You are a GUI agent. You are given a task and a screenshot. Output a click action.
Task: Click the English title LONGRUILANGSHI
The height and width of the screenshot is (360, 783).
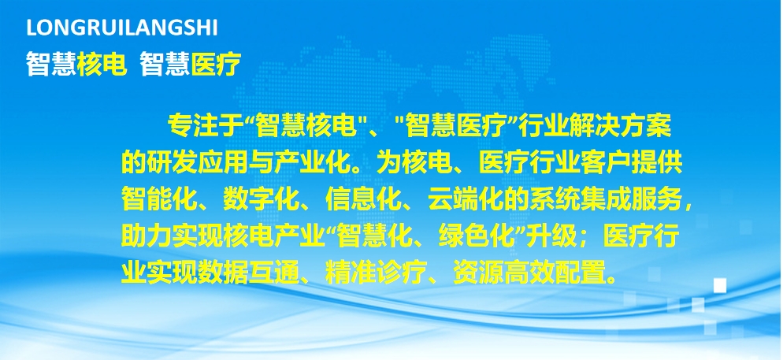tap(122, 28)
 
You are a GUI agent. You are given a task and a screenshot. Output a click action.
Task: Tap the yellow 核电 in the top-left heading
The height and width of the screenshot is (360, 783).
tap(102, 65)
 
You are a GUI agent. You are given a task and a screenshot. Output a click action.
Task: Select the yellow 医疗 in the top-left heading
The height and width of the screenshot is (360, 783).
tap(216, 65)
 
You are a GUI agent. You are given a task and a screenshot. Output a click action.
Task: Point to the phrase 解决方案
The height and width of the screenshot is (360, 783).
tap(620, 127)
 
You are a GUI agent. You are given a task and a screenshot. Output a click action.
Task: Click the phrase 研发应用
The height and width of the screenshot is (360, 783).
tap(197, 162)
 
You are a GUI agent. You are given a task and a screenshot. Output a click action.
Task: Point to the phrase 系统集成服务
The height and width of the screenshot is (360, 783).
tap(604, 199)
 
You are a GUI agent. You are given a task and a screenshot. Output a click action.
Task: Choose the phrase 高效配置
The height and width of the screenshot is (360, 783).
tap(555, 273)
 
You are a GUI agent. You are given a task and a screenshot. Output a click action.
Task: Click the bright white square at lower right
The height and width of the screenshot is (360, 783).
tap(719, 286)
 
